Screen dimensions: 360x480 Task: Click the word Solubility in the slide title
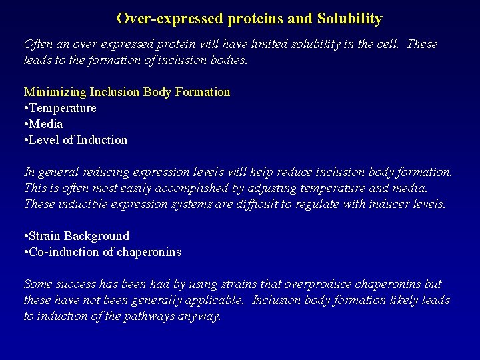click(x=348, y=19)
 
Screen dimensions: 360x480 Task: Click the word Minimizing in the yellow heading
click(x=55, y=92)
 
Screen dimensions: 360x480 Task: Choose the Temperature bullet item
click(x=63, y=108)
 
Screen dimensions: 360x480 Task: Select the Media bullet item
click(x=47, y=124)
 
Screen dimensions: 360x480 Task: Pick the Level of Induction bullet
click(x=79, y=140)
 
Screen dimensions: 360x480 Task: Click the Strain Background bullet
click(x=79, y=236)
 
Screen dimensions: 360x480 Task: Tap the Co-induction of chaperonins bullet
click(x=105, y=252)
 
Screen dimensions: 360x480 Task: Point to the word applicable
click(x=209, y=300)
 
